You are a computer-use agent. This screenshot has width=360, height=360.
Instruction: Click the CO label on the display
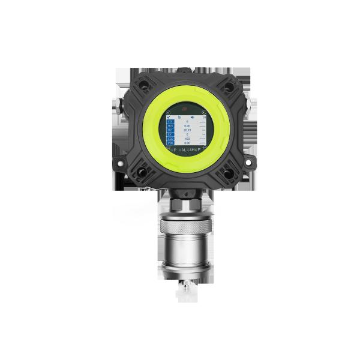[x=170, y=121]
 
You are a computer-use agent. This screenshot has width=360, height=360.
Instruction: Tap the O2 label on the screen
[x=170, y=129]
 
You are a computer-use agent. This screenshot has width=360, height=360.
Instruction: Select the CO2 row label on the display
[x=170, y=138]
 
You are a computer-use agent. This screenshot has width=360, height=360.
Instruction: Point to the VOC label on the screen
[x=170, y=143]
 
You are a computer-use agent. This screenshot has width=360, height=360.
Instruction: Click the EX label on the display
[x=170, y=134]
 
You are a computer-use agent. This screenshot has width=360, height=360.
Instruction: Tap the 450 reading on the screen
[x=187, y=138]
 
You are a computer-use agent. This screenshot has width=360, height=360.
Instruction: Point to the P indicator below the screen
[x=174, y=150]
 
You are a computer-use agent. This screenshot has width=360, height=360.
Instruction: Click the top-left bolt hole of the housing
[x=145, y=86]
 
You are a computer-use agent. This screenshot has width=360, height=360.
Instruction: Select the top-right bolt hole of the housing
[x=228, y=88]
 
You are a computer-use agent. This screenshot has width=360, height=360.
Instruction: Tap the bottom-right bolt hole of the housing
[x=229, y=173]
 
